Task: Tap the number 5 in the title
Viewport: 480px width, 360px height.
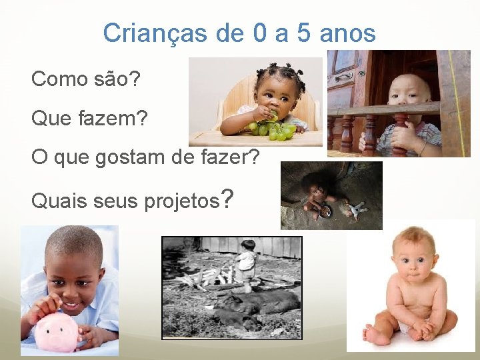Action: coord(304,33)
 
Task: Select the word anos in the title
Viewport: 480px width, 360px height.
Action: coord(347,33)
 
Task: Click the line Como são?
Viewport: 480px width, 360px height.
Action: coord(85,79)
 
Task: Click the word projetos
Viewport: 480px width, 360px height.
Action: coord(181,200)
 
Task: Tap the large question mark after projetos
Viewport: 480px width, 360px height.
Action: coord(227,198)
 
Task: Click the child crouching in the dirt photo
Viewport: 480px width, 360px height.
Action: coord(320,199)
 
